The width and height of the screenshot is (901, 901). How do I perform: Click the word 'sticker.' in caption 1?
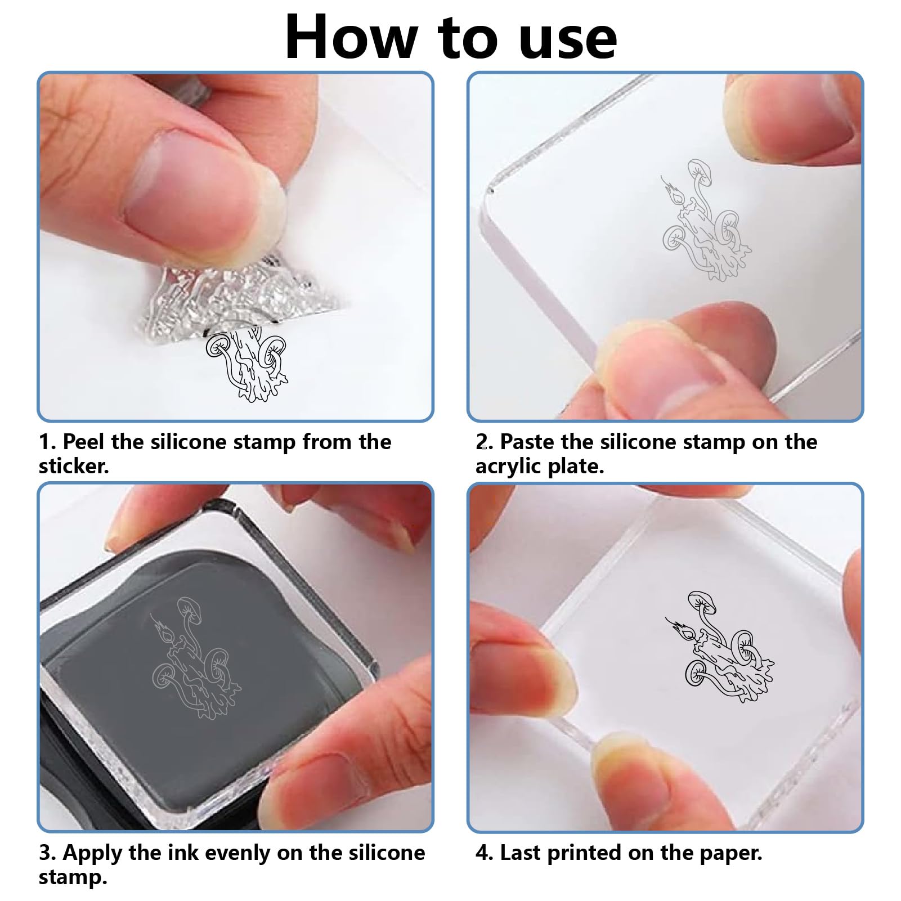[x=74, y=466]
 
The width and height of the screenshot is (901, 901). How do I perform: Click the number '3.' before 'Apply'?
[x=47, y=853]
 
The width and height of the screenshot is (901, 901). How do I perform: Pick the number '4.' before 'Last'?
[x=485, y=853]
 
